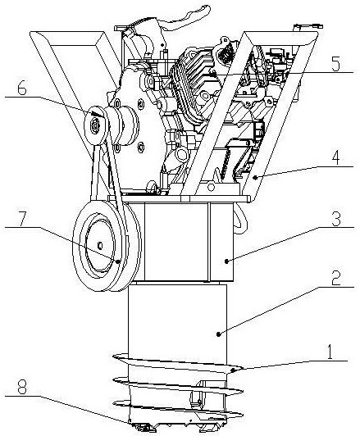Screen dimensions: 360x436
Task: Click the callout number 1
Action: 330,352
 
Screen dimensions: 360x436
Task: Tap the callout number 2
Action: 336,278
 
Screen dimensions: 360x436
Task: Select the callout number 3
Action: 336,219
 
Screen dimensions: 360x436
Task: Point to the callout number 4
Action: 336,158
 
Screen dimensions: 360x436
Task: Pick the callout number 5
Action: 335,65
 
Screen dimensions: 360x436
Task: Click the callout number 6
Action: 22,89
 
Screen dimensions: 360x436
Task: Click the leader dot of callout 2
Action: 219,334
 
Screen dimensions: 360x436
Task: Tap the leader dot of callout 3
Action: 226,261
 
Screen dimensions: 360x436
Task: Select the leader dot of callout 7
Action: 118,261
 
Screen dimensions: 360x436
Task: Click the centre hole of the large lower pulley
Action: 100,246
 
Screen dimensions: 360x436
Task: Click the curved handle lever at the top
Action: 187,17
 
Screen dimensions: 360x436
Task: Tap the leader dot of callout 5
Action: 214,75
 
